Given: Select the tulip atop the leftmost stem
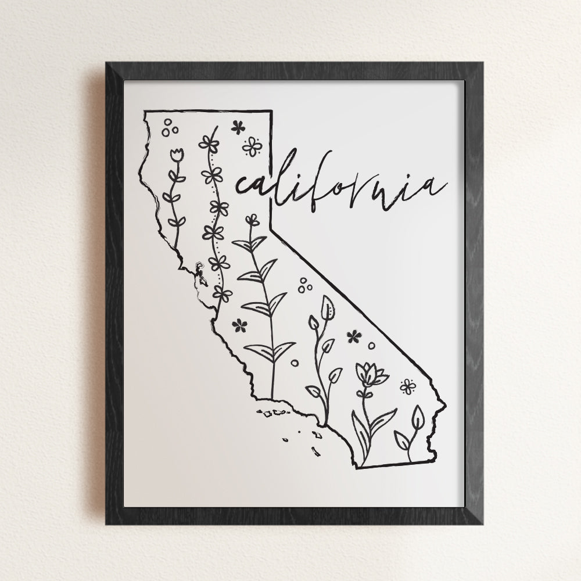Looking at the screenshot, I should tap(177, 155).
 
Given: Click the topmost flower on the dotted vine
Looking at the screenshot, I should tap(209, 143).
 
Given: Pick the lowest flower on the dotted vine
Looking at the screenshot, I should tap(221, 293).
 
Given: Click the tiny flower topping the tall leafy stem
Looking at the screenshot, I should tap(252, 220).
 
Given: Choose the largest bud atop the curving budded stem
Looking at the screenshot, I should tap(328, 308).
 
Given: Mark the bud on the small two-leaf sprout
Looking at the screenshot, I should tap(418, 417).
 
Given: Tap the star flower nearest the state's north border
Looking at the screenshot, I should tap(238, 127).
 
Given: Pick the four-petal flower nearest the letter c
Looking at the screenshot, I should tap(252, 146).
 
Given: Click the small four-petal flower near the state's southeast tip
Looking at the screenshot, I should tap(408, 386).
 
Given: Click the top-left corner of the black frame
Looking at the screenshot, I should tap(107, 63).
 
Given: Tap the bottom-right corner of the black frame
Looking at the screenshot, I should tap(482, 523).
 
